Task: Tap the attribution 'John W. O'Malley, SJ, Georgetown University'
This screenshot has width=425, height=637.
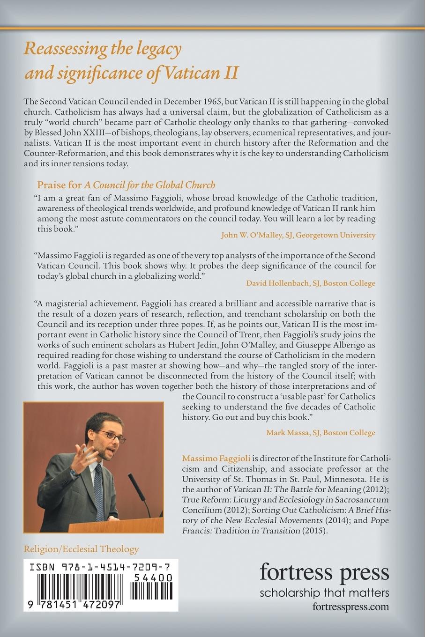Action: pos(298,235)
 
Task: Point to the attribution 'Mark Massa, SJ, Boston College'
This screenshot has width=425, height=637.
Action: pos(321,432)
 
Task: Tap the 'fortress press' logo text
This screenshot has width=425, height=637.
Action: pos(324,572)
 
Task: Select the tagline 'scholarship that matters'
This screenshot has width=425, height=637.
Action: pos(324,593)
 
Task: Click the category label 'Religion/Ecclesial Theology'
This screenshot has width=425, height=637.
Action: pos(81,549)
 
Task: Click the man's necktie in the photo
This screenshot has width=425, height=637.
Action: pos(99,482)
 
